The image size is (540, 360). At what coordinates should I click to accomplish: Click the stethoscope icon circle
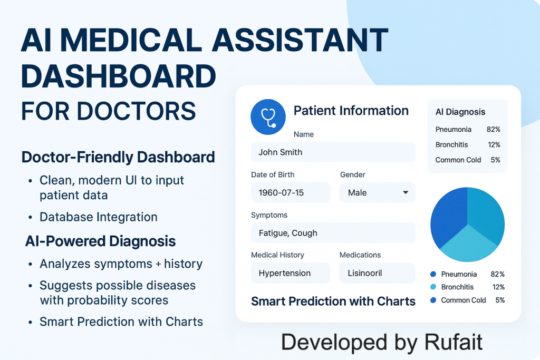pos(268,117)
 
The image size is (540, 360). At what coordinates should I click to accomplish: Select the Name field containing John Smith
pos(333,152)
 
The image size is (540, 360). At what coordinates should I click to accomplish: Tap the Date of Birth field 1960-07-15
pos(291,192)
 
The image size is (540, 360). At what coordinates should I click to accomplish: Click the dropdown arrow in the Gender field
pos(406,192)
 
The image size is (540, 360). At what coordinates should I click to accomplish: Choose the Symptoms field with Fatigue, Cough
pos(333,232)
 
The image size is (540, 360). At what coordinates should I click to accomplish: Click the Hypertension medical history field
pos(291,273)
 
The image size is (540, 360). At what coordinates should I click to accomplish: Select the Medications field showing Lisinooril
pos(377,273)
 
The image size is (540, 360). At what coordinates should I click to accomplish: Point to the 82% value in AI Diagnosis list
pos(493,130)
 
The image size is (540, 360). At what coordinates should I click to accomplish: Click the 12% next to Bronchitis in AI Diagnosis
pos(494,144)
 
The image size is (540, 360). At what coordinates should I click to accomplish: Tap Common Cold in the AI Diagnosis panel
pos(458,160)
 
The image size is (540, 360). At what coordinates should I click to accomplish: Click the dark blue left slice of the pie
pos(448,216)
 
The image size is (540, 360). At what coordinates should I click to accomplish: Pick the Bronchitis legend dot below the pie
pos(433,287)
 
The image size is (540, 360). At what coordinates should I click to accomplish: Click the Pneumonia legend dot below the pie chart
pos(433,274)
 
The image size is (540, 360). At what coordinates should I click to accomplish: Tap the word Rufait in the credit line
pos(453,342)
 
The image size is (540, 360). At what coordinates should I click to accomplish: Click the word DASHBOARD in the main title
pos(119,76)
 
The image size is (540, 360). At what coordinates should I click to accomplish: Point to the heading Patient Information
pos(351,111)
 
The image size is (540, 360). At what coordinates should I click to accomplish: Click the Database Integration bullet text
pos(99,217)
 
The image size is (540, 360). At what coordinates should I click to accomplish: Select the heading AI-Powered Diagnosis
pos(100,241)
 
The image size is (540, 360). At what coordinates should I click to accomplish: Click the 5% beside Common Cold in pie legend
pos(500,300)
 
